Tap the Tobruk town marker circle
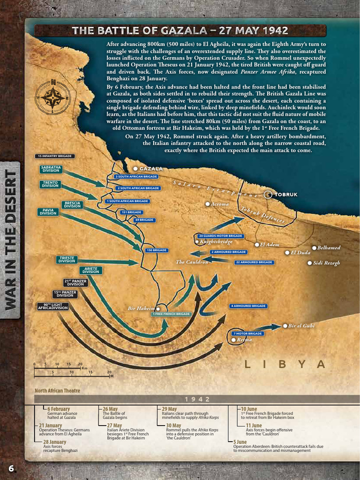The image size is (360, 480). [268, 195]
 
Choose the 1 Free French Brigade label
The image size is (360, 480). [172, 314]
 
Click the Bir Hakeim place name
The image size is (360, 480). [141, 308]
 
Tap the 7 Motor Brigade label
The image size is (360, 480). [247, 333]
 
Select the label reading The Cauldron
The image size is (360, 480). [192, 262]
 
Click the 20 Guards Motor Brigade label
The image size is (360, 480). [220, 236]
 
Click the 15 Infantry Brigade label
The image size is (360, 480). [54, 156]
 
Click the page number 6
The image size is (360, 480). [11, 468]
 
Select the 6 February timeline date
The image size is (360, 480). [59, 409]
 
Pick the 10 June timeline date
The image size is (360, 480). [249, 409]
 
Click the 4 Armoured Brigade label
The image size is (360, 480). [248, 306]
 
